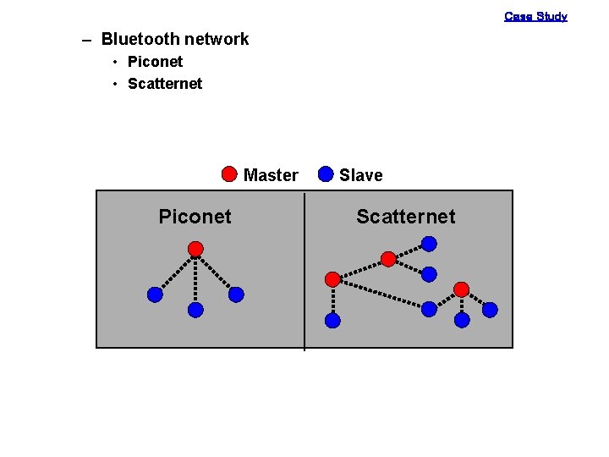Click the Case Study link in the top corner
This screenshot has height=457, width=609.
535,16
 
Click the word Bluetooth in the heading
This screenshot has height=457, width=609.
140,39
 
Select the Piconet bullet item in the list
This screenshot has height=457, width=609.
155,62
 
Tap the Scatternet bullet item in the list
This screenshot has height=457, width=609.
165,84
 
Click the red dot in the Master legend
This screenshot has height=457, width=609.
229,174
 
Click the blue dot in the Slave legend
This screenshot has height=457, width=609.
326,174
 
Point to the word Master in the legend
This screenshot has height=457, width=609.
271,175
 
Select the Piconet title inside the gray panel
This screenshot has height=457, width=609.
195,217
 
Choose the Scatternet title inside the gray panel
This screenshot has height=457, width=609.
405,217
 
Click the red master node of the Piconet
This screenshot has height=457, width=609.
195,249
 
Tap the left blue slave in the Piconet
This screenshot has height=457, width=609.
155,295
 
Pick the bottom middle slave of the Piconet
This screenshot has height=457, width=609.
195,310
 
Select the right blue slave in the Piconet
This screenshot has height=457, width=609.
236,295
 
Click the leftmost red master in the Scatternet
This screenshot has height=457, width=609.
332,278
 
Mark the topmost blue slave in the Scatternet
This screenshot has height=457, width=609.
429,244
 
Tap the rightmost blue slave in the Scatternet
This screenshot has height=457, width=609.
490,310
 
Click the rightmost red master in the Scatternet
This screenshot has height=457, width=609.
461,289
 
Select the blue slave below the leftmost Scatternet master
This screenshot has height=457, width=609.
332,321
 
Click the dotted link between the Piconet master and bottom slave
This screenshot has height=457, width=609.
195,279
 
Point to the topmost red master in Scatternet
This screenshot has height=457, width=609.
387,259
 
